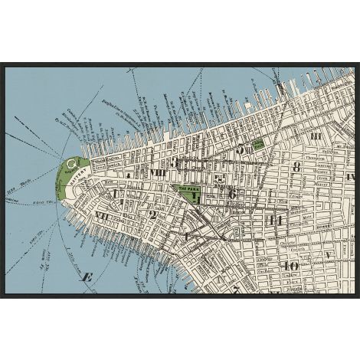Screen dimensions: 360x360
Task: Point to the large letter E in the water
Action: [87, 277]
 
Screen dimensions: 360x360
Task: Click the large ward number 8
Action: [296, 166]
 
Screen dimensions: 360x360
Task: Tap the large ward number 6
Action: [231, 194]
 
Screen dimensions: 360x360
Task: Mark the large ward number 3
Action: [175, 162]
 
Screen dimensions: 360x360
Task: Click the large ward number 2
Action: [152, 215]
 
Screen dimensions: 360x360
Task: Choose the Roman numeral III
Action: [315, 136]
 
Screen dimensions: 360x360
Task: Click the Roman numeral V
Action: [327, 254]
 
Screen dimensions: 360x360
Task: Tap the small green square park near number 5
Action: [259, 142]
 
